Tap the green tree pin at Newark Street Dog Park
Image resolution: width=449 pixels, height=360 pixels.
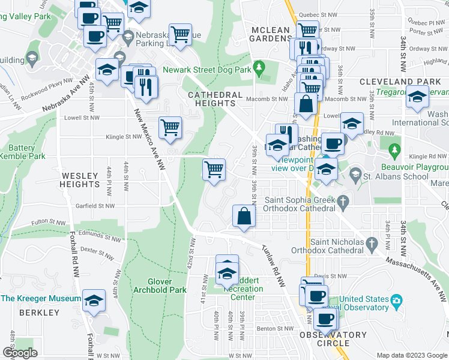tap(259, 68)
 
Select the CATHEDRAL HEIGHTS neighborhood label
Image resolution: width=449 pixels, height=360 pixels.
tap(215, 99)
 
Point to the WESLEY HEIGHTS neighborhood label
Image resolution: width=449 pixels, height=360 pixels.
tap(80, 180)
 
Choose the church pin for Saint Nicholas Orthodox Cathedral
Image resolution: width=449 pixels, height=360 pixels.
tap(372, 242)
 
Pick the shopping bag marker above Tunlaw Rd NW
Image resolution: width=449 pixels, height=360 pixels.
tap(244, 216)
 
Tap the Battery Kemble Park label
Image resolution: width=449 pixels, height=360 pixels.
tap(23, 152)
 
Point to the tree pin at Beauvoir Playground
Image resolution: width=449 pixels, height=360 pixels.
tap(394, 148)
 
